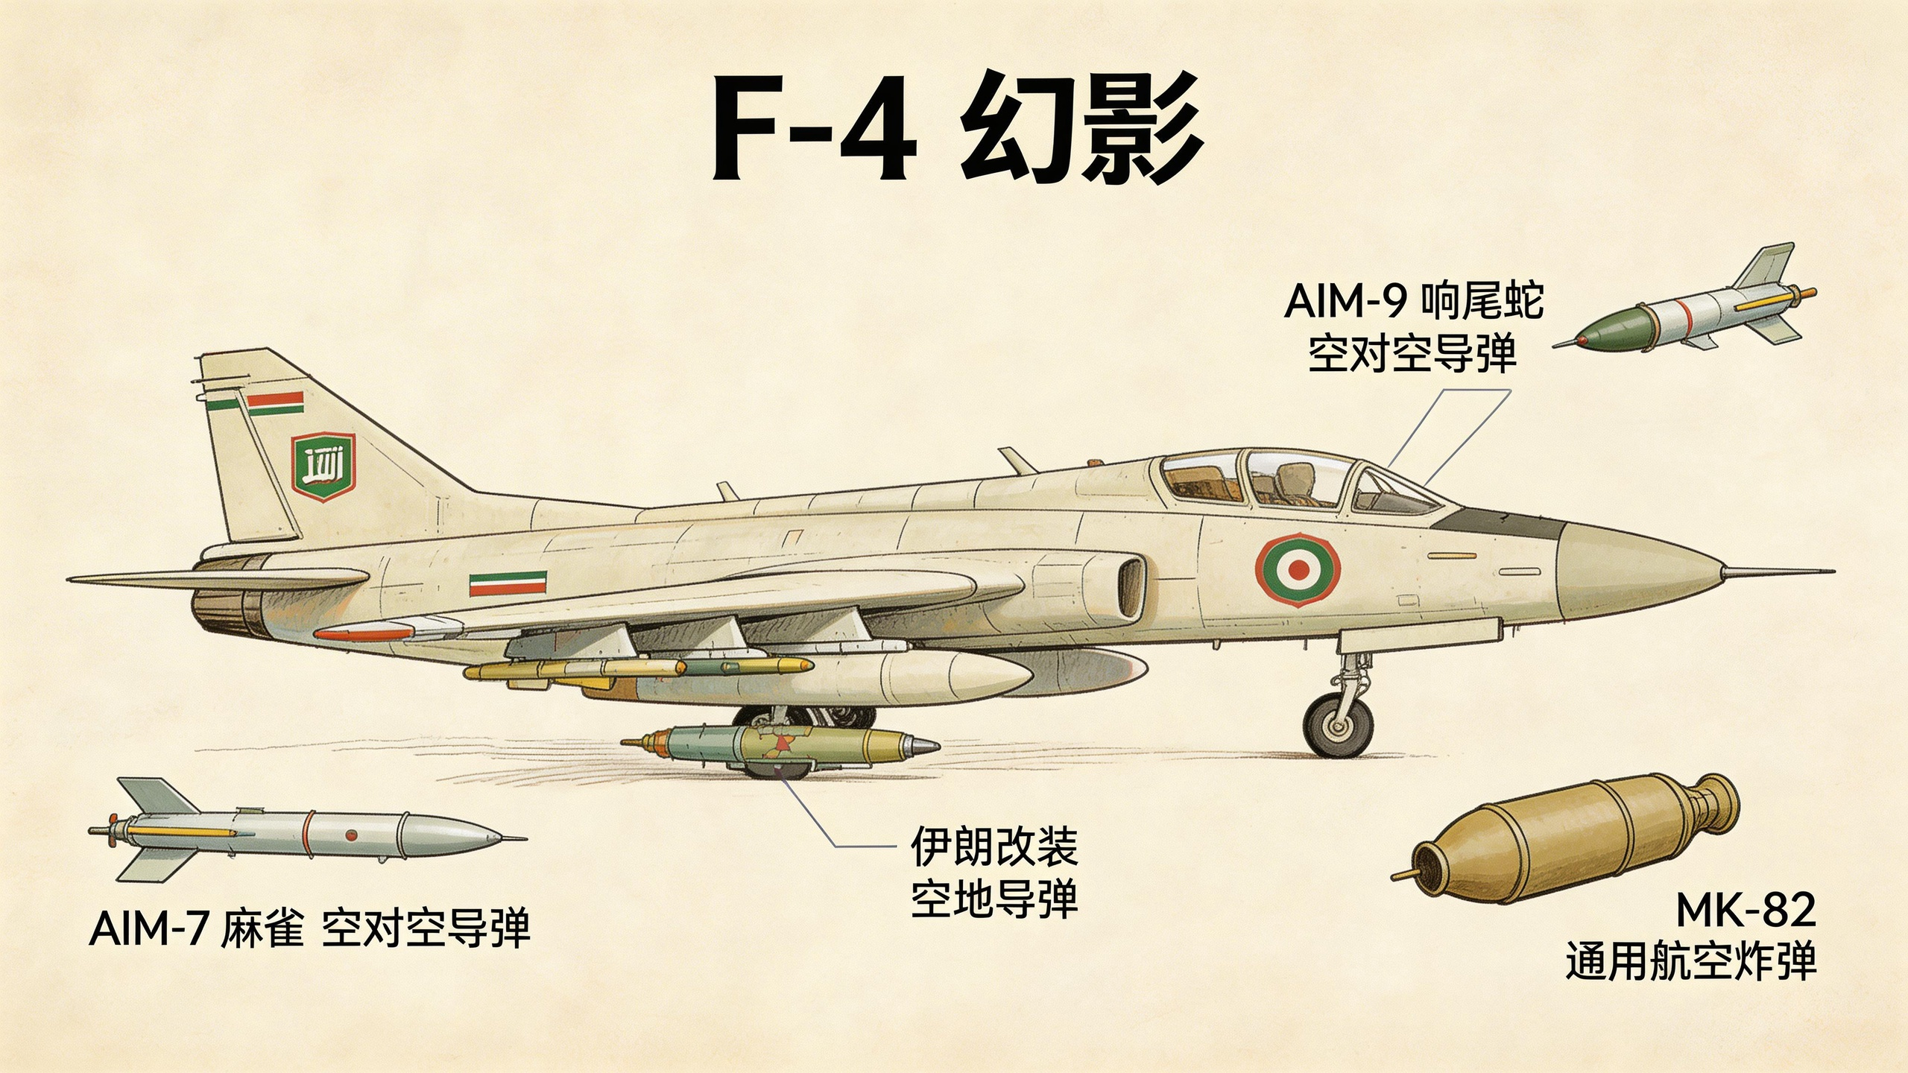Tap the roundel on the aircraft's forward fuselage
(x=1298, y=570)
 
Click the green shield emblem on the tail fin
(x=323, y=467)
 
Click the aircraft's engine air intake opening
(x=1130, y=588)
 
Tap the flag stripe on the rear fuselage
(x=508, y=583)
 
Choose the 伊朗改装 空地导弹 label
(x=994, y=873)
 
